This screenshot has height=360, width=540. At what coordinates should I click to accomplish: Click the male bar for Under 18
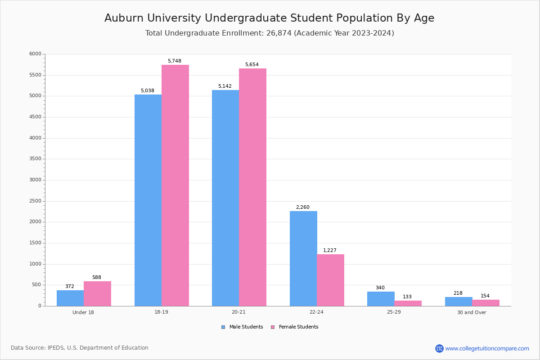[x=70, y=298]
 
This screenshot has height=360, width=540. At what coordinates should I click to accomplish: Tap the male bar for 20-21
[x=225, y=198]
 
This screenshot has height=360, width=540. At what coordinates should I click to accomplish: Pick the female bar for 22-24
[x=330, y=280]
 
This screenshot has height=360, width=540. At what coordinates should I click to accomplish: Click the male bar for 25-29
[x=381, y=299]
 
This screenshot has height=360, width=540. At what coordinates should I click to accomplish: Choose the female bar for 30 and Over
[x=486, y=303]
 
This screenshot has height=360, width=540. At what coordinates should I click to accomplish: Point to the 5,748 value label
[x=175, y=61]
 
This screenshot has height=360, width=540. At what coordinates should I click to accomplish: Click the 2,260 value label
[x=302, y=207]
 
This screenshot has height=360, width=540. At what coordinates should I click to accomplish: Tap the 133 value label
[x=407, y=297]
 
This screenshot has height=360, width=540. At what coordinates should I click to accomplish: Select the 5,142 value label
[x=225, y=86]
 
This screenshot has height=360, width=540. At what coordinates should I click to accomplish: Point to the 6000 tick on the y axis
[x=35, y=54]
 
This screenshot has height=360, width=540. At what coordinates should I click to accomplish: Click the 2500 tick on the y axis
[x=35, y=201]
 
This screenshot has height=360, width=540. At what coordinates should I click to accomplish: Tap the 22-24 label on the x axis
[x=316, y=312]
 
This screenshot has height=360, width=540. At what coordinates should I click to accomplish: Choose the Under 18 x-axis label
[x=83, y=312]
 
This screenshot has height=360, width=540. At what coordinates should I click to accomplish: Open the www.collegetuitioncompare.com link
[x=487, y=348]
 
